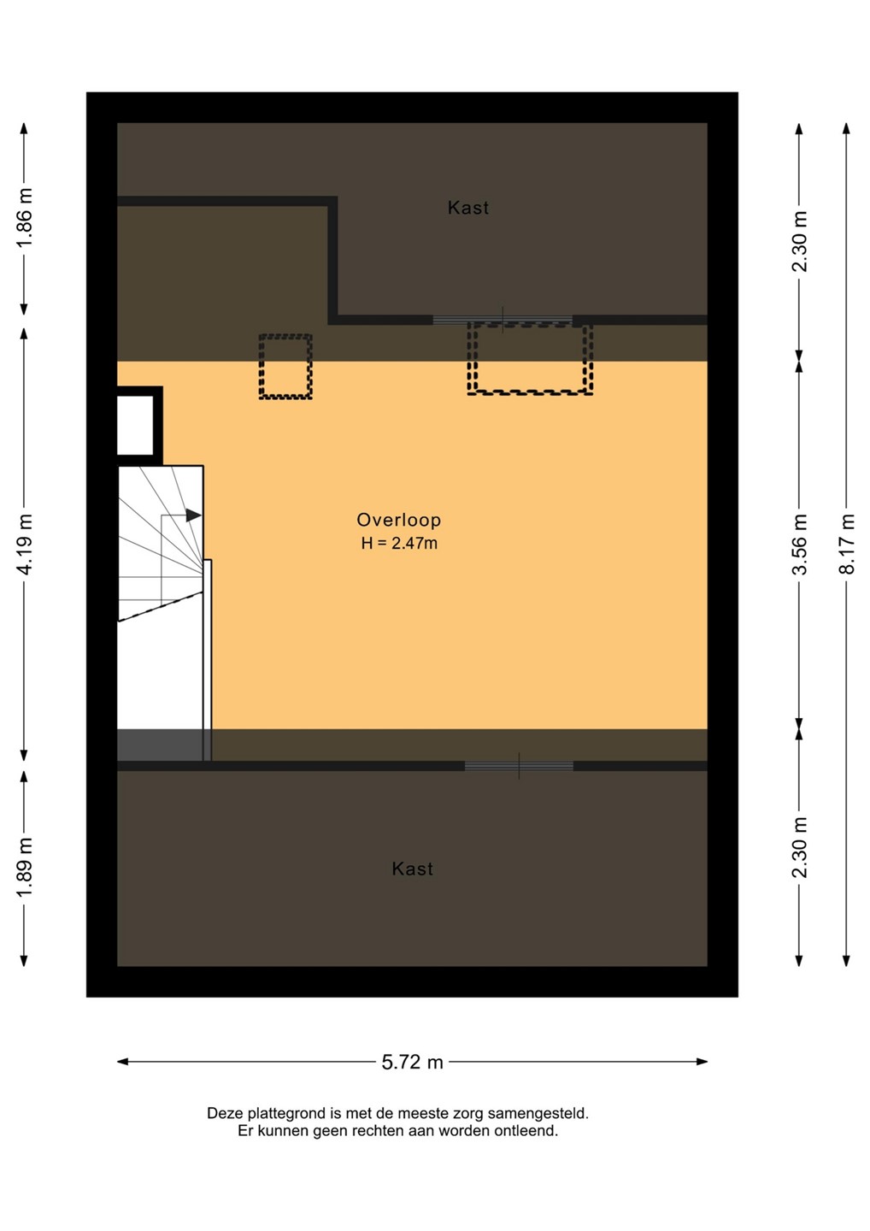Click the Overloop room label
(399, 520)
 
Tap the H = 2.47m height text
(399, 544)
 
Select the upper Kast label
(468, 208)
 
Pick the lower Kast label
(413, 869)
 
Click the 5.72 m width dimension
(413, 1062)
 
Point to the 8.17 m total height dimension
(846, 544)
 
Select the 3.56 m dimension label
(800, 544)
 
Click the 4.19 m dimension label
(25, 544)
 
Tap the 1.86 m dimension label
(25, 219)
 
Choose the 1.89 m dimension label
(25, 869)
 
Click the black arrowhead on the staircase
(193, 515)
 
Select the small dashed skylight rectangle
(285, 367)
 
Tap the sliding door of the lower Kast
(519, 766)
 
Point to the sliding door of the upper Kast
(503, 320)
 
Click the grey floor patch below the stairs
(161, 745)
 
